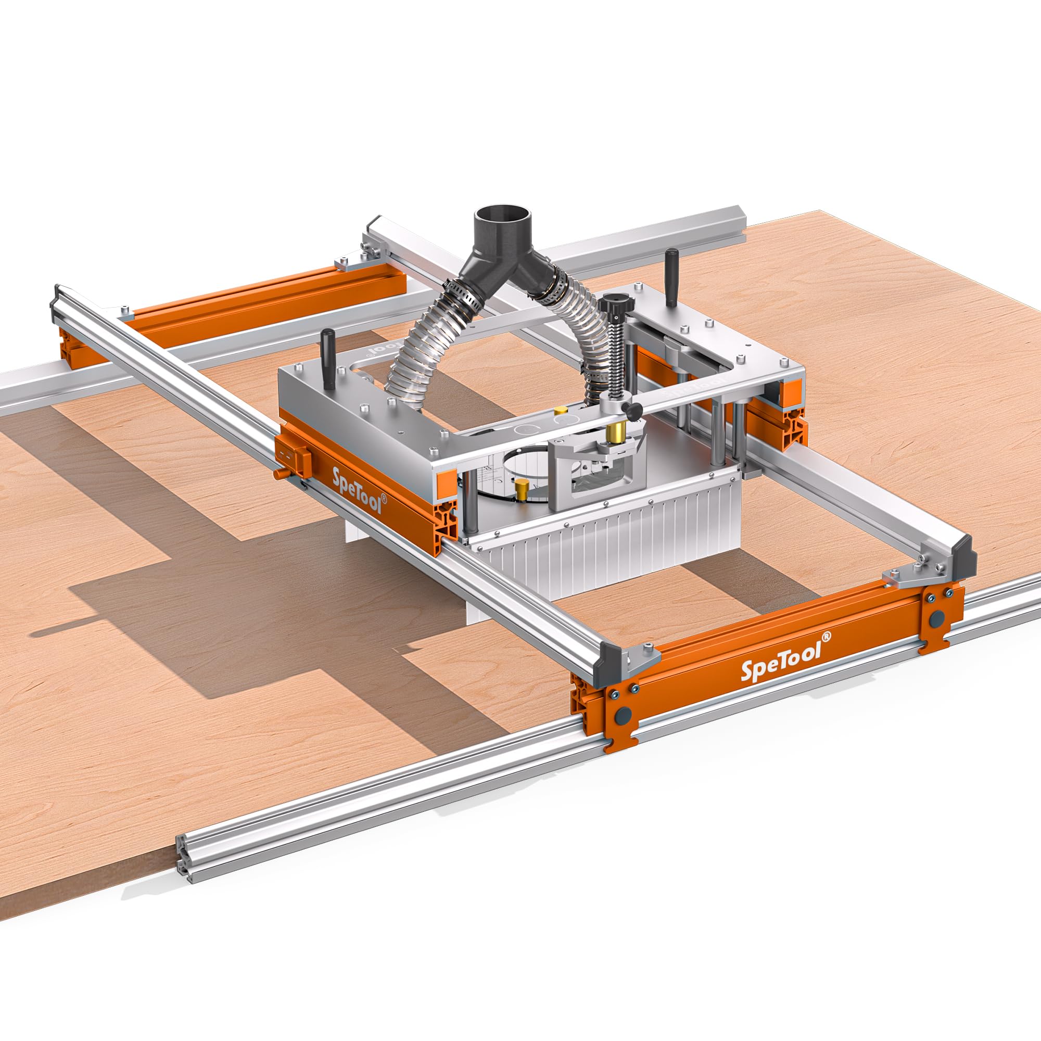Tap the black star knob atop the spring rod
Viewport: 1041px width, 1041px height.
pyautogui.click(x=614, y=306)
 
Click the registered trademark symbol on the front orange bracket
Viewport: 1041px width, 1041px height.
pyautogui.click(x=827, y=636)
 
